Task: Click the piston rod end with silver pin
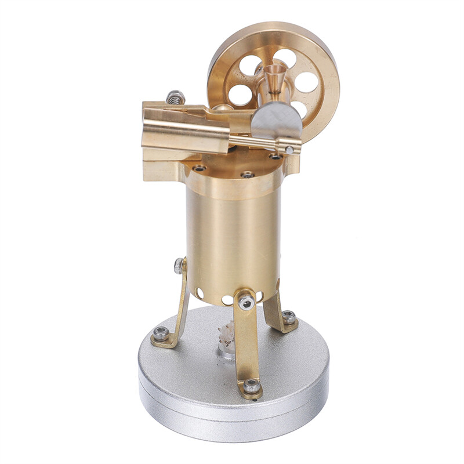288,149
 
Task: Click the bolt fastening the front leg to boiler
246,302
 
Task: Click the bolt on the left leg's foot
161,333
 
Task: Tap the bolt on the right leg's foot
288,316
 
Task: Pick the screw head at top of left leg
179,266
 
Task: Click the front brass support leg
248,342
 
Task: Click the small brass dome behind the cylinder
220,108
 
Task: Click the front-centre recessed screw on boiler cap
248,174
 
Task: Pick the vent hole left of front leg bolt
227,300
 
